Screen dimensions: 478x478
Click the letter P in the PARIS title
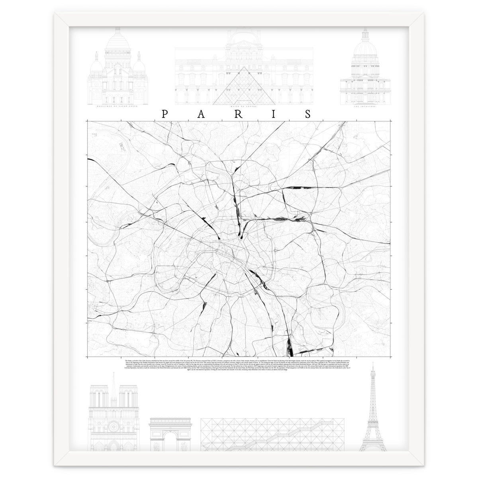164,114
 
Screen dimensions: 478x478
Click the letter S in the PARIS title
308,114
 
